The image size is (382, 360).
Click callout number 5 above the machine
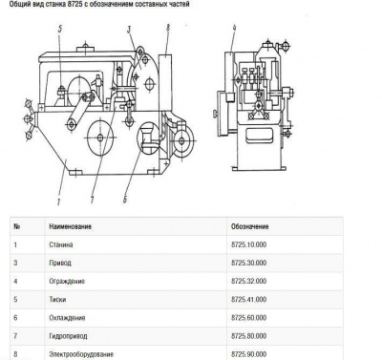[60, 30]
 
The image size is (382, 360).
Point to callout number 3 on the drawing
[129, 30]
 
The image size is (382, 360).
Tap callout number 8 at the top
[168, 28]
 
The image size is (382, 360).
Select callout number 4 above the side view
[234, 28]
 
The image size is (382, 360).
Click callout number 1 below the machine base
[59, 201]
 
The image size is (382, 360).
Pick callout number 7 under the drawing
[93, 201]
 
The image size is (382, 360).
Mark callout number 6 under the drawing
[125, 200]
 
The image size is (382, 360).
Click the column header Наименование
[70, 226]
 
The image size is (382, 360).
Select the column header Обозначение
[250, 226]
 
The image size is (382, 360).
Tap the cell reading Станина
[61, 244]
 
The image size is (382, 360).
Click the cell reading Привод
[60, 263]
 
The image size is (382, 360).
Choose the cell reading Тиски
[57, 300]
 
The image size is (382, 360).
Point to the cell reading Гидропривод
[68, 336]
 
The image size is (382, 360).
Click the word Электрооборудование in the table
[81, 354]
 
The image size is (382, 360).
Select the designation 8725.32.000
[249, 282]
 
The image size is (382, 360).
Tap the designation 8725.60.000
[249, 318]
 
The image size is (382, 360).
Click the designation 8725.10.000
[249, 244]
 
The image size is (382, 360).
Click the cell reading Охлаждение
[67, 318]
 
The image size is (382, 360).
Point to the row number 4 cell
[16, 282]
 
